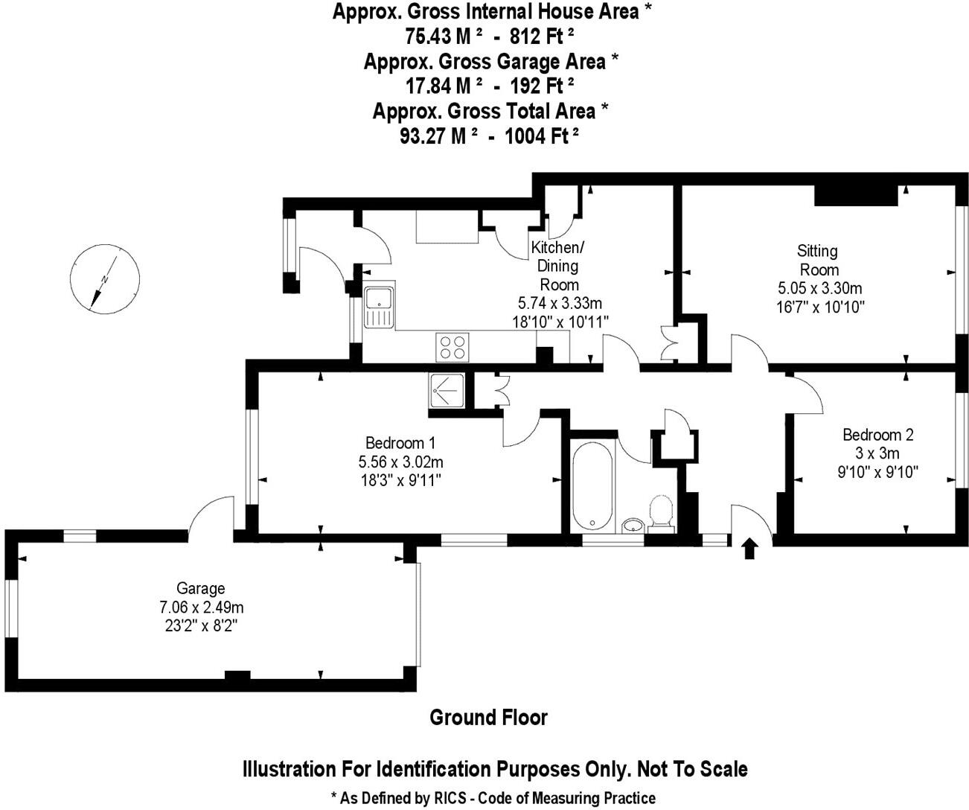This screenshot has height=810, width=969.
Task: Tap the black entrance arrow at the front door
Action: click(x=749, y=549)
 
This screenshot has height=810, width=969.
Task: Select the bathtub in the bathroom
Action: click(x=592, y=485)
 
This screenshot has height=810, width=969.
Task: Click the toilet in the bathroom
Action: click(x=660, y=514)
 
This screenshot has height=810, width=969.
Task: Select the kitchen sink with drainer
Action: click(x=379, y=306)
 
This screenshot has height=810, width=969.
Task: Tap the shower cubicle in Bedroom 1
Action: click(x=447, y=391)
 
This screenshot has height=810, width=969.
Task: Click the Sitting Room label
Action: click(x=818, y=261)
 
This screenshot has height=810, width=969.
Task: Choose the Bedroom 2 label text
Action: click(x=877, y=435)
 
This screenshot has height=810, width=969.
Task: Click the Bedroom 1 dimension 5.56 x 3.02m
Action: click(x=400, y=462)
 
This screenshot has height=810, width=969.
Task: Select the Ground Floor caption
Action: click(x=488, y=718)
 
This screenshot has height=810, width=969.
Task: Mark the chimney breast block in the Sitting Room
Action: click(x=856, y=195)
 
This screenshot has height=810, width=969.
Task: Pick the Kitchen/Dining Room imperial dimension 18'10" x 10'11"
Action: click(x=560, y=322)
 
